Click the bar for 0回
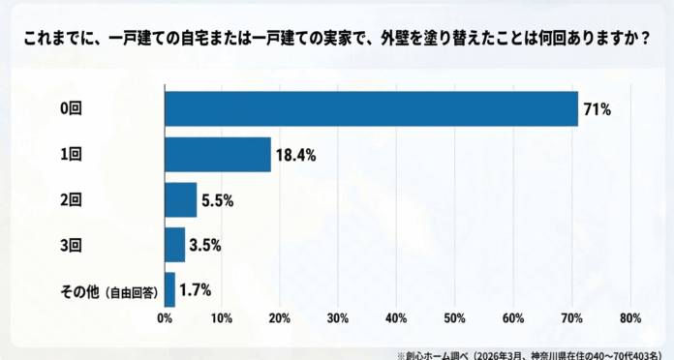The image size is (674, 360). point(371,109)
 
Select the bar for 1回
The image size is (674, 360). point(218,155)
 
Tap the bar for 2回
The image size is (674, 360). point(181,199)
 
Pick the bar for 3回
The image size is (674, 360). point(175,245)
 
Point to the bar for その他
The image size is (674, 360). point(170,289)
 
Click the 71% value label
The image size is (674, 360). point(597,110)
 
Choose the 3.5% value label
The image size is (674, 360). point(205,245)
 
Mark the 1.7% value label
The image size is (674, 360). point(195,289)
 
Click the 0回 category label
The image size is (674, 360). point(72,110)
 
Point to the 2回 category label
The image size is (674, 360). point(72,200)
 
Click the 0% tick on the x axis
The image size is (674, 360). point(166,318)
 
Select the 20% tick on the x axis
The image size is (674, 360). point(281,318)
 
